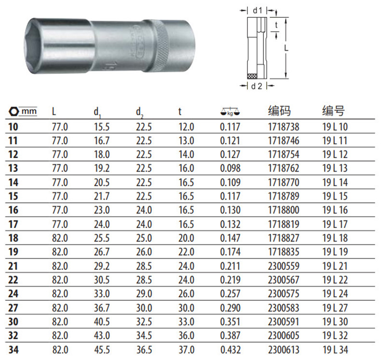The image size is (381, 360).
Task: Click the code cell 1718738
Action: tap(284, 127)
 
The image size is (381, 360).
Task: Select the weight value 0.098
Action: tap(230, 168)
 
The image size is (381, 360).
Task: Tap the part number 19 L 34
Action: tap(335, 350)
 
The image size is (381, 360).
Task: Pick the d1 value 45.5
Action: tap(102, 350)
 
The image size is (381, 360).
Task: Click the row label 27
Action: tap(13, 308)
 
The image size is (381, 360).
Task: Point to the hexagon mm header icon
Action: tap(14, 111)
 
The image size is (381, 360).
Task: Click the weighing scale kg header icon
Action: tap(230, 112)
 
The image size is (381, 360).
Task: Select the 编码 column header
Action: tap(279, 111)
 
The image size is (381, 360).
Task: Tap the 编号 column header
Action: tap(334, 111)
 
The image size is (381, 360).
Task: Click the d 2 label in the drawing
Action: tap(257, 86)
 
